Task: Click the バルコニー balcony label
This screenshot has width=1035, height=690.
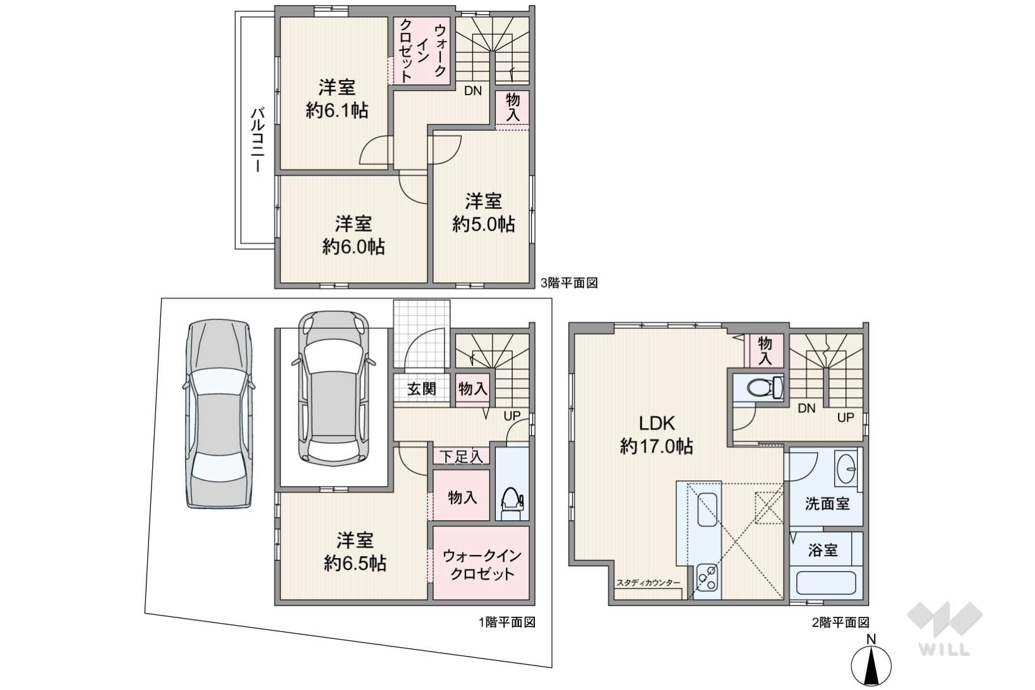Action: tap(258, 140)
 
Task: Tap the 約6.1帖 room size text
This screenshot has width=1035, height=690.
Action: tap(337, 111)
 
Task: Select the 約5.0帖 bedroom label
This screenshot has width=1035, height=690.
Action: tap(483, 225)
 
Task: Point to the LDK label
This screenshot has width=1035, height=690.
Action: tap(657, 423)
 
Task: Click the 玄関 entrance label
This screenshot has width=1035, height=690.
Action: tap(421, 389)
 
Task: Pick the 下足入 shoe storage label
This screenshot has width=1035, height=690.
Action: tap(461, 457)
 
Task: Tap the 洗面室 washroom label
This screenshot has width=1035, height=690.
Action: tap(827, 503)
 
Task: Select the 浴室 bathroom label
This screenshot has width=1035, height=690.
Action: tap(823, 550)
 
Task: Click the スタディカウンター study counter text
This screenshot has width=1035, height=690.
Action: tap(648, 583)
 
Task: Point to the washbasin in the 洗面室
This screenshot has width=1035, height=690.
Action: tap(847, 468)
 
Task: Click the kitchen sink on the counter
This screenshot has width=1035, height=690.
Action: tap(707, 509)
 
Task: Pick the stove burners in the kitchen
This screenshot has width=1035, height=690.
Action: tap(707, 580)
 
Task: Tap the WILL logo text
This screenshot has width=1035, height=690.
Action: tap(944, 650)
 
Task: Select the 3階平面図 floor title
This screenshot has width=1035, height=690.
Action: tap(569, 283)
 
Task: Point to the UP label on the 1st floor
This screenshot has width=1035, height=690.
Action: tap(512, 415)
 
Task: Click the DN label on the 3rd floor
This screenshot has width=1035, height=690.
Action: tap(473, 91)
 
